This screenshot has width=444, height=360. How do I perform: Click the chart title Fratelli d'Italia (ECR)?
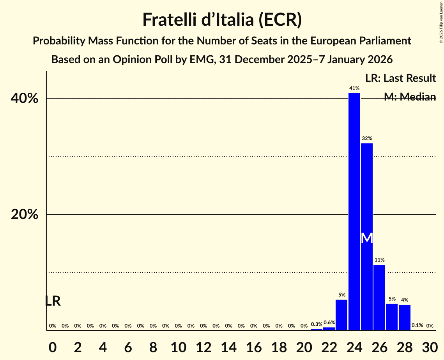tap(222, 19)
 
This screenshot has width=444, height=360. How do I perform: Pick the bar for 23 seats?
tap(341, 315)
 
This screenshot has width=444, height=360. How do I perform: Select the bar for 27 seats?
tap(392, 317)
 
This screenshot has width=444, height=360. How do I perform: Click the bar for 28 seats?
tap(405, 317)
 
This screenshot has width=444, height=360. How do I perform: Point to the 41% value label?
tap(354, 88)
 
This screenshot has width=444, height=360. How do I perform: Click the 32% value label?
tap(367, 138)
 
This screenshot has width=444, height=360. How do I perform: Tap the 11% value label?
tap(379, 260)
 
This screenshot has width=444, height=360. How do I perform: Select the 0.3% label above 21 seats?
tap(317, 324)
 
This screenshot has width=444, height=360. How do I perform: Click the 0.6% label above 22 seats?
tap(329, 323)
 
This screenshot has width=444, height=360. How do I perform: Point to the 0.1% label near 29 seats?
tap(417, 325)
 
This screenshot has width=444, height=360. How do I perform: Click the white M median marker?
tap(367, 238)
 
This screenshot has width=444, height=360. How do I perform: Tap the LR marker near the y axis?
tap(53, 301)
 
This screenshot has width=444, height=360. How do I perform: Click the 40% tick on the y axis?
tap(25, 99)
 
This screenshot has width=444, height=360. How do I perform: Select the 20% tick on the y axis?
tap(25, 215)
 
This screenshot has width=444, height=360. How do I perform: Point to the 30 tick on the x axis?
tap(430, 346)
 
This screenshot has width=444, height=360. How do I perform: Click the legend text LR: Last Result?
tap(400, 78)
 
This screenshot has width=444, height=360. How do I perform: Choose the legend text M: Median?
tap(410, 97)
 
